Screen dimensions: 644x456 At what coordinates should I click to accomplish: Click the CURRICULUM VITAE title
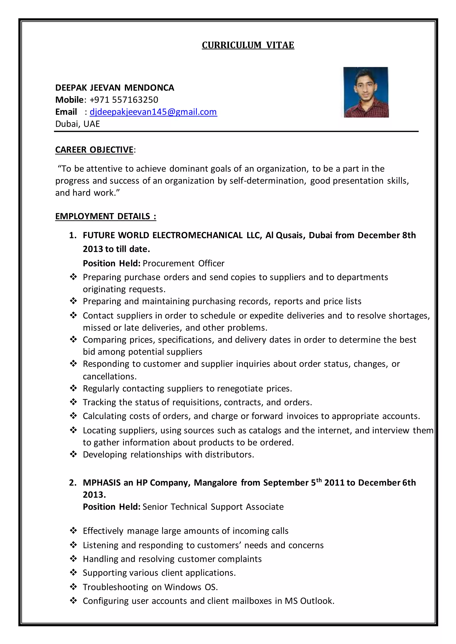coord(248,45)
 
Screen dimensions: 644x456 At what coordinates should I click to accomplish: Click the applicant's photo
coord(366,92)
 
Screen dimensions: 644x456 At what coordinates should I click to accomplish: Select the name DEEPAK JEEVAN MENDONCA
coord(115,88)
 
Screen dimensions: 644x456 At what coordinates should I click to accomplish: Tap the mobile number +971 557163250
coord(124,100)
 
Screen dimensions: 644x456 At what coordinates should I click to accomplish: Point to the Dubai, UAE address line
coord(77,124)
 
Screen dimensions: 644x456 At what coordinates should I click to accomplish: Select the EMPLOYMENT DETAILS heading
coord(105,216)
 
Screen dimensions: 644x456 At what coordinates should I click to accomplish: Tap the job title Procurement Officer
coord(183,263)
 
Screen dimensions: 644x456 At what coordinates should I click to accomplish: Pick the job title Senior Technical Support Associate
coord(213,507)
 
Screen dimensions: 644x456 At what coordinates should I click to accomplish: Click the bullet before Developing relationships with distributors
coord(73,454)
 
